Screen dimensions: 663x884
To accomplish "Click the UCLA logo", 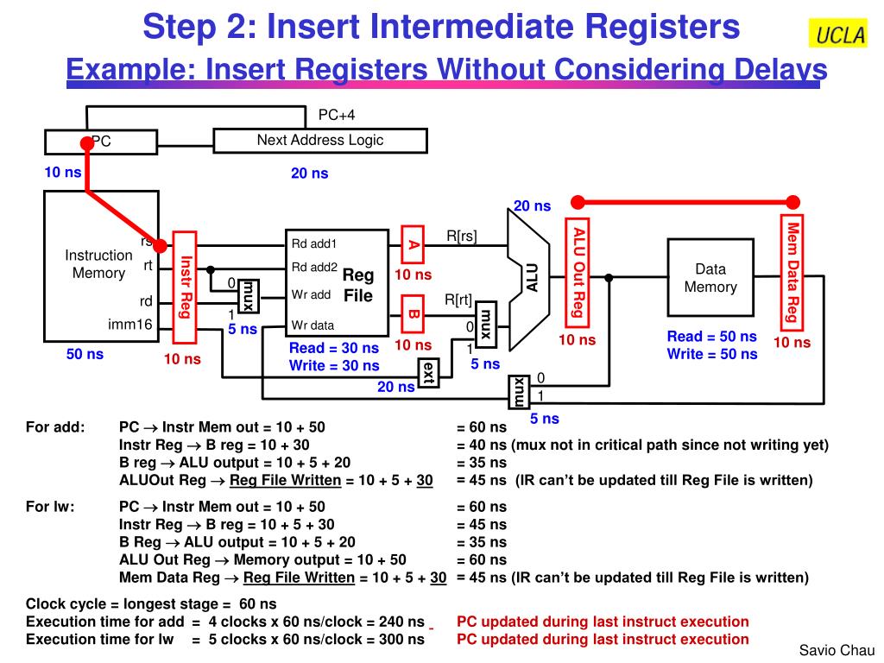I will (x=837, y=35).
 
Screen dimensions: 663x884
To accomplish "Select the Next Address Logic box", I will (x=319, y=141).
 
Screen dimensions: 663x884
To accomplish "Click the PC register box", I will (x=101, y=142).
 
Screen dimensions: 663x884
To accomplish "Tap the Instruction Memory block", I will (x=98, y=264).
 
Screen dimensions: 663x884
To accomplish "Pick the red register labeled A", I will (x=414, y=245).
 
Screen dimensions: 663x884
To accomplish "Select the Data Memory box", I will (x=710, y=278).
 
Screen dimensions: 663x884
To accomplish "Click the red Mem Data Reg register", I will (x=791, y=271).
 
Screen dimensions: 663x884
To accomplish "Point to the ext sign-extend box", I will (x=427, y=374).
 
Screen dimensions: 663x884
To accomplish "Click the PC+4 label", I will (x=336, y=115).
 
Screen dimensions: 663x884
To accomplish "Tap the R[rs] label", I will (x=461, y=236).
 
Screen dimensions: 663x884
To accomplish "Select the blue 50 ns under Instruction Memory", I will (x=85, y=354).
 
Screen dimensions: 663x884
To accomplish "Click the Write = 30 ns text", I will (x=334, y=365).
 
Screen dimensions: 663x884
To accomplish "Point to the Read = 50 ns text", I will (x=711, y=337).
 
